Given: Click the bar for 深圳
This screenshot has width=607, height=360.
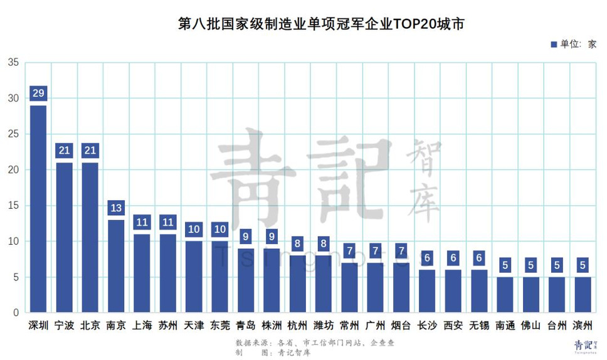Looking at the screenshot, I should click(x=38, y=209).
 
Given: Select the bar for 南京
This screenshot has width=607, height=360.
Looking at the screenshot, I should click(x=116, y=266).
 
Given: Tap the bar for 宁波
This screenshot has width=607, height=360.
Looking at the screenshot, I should click(x=64, y=237).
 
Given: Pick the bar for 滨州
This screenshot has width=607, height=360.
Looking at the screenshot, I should click(x=583, y=294).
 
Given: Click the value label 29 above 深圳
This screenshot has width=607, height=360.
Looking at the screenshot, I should click(x=38, y=93).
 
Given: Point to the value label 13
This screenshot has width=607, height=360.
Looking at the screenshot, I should click(x=116, y=208).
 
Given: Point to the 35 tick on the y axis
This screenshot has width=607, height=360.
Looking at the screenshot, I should click(x=14, y=62).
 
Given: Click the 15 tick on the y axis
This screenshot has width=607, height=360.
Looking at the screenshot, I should click(x=14, y=206).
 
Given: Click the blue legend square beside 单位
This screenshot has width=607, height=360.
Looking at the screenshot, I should click(x=554, y=44).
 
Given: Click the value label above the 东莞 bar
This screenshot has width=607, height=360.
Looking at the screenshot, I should click(x=219, y=229).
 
